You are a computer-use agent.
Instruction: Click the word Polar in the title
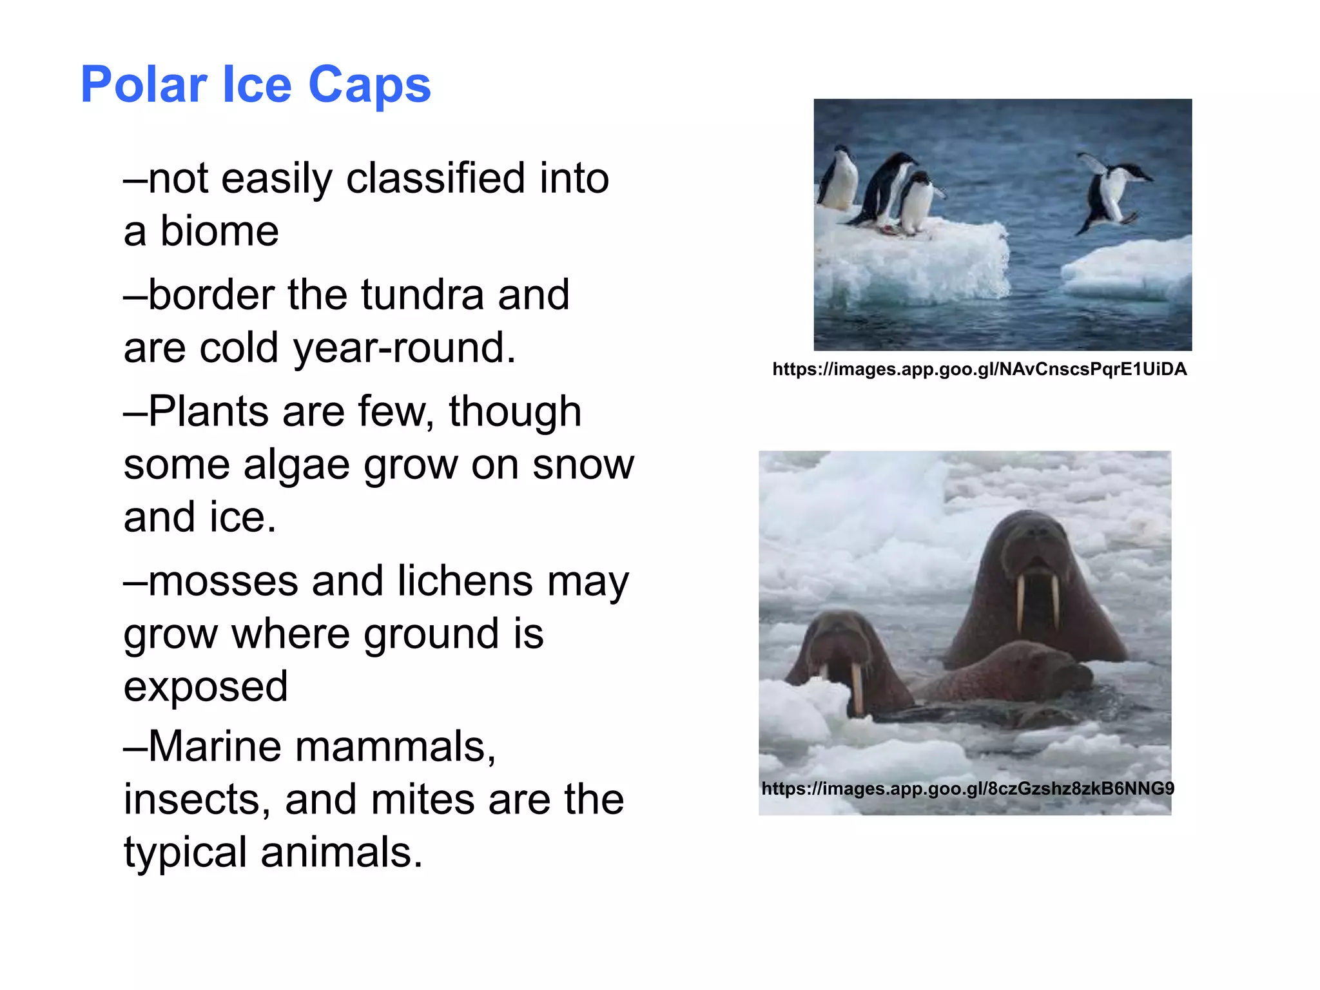(143, 85)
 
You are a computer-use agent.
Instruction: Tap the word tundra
(422, 295)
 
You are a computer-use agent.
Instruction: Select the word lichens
(465, 581)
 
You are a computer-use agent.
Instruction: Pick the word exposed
(206, 686)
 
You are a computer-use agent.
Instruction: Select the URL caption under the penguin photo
(979, 369)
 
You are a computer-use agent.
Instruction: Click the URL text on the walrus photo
(967, 788)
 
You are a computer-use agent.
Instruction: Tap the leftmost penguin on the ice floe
(838, 179)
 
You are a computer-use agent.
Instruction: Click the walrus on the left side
(844, 664)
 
